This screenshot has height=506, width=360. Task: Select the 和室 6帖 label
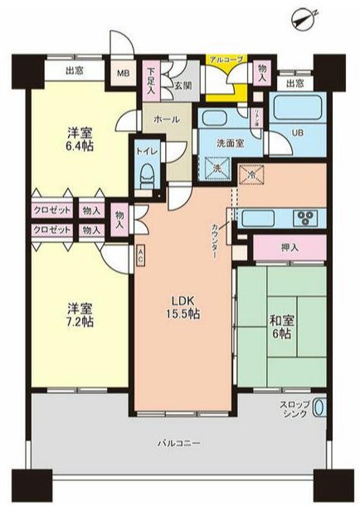tap(279, 326)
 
